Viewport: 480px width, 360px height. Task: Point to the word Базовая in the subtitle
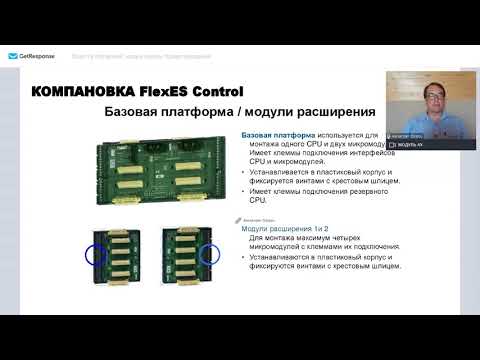(136, 114)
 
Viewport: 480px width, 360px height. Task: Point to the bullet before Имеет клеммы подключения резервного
(245, 189)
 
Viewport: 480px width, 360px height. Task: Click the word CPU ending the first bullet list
(258, 198)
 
